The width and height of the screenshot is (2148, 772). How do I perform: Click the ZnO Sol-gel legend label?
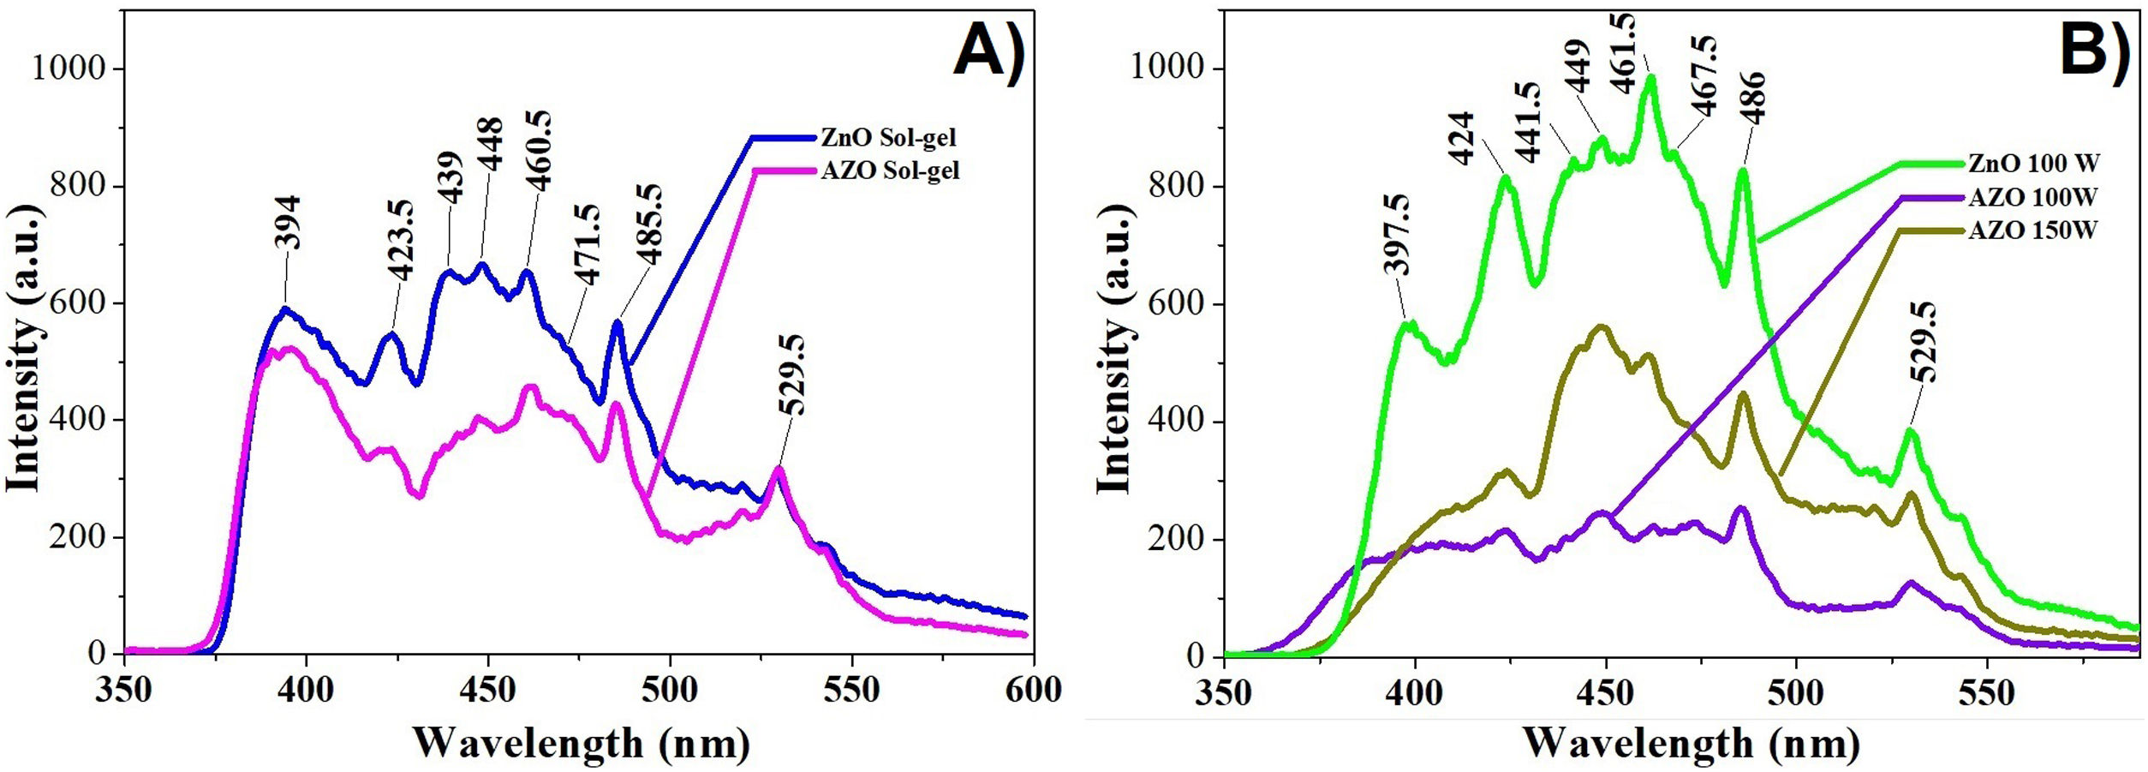coord(888,137)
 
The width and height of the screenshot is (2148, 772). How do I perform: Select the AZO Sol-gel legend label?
coord(890,171)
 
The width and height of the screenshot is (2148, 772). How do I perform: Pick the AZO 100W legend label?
coord(2032,197)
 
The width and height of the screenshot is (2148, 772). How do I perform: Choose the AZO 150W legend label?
coord(2032,230)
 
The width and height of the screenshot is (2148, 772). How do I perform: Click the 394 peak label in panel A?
coord(289,223)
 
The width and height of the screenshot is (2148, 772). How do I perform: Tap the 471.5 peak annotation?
coord(588,244)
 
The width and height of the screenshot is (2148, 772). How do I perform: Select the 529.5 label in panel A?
coord(793,375)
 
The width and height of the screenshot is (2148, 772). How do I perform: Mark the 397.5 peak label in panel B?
coord(1396,235)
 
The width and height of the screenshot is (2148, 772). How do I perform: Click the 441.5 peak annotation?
coord(1528,122)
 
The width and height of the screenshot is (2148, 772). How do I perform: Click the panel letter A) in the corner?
coord(989,53)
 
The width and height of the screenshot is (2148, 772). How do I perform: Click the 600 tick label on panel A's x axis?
coord(1034,690)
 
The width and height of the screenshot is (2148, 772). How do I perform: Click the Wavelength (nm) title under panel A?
coord(582,743)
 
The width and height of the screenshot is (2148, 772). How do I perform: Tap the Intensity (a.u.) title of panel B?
coord(1113,350)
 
